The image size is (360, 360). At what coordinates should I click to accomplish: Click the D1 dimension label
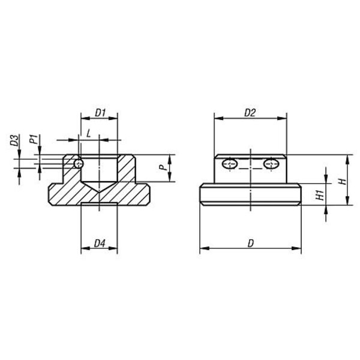pyautogui.click(x=100, y=113)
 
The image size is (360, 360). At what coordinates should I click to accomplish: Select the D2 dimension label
pyautogui.click(x=250, y=113)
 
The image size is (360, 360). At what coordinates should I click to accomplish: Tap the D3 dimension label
pyautogui.click(x=14, y=140)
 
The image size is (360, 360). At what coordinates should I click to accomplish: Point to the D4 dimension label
pyautogui.click(x=100, y=244)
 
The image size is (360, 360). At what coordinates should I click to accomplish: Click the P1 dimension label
pyautogui.click(x=34, y=139)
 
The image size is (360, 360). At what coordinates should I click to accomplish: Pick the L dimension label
pyautogui.click(x=89, y=134)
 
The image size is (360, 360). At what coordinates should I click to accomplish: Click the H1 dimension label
pyautogui.click(x=320, y=195)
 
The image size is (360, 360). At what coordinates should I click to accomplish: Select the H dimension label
pyautogui.click(x=343, y=181)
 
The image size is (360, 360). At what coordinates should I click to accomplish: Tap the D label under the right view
pyautogui.click(x=250, y=244)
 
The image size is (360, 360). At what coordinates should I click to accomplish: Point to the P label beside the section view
pyautogui.click(x=163, y=167)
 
